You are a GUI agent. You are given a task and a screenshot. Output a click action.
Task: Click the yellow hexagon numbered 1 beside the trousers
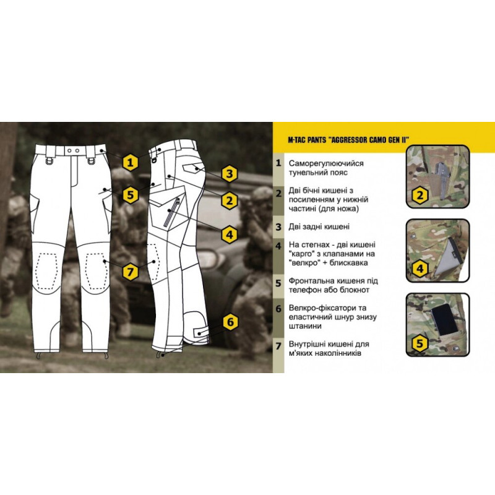(x=131, y=163)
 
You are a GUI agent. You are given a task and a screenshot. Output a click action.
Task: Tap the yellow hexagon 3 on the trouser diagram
(x=229, y=173)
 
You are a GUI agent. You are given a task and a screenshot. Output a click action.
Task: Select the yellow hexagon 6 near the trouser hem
(x=230, y=322)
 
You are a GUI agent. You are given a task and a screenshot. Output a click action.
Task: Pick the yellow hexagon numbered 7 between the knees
(x=131, y=271)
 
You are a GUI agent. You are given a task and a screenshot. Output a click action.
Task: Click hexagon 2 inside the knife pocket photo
(x=420, y=195)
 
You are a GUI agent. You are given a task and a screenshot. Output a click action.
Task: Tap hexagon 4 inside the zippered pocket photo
(x=420, y=269)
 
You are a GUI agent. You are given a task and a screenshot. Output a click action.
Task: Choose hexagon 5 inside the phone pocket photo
(x=420, y=343)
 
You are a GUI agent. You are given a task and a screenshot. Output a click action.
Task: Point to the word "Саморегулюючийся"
(x=326, y=163)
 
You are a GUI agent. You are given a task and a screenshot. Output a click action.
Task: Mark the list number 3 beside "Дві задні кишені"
(x=278, y=226)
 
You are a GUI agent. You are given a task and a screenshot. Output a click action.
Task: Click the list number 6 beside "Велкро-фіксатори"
(x=278, y=308)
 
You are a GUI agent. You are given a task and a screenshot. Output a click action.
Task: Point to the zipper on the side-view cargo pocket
(x=171, y=212)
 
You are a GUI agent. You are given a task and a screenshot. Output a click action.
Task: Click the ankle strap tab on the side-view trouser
(x=200, y=333)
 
